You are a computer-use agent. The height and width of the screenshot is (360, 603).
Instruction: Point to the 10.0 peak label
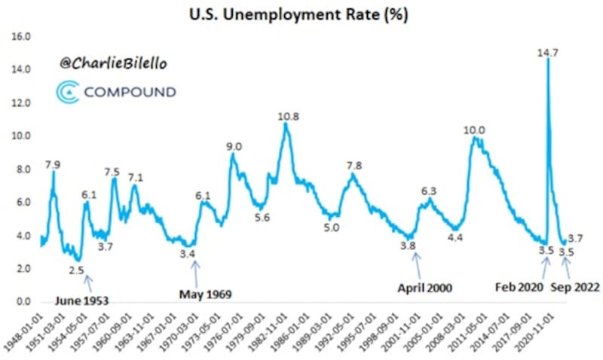(x=474, y=130)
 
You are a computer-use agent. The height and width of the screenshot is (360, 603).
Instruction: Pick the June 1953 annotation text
(x=81, y=301)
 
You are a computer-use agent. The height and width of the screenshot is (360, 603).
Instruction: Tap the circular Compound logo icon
(x=66, y=92)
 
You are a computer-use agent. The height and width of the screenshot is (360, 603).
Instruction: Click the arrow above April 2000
(x=417, y=264)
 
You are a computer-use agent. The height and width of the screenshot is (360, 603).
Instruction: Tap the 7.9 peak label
(x=53, y=164)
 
